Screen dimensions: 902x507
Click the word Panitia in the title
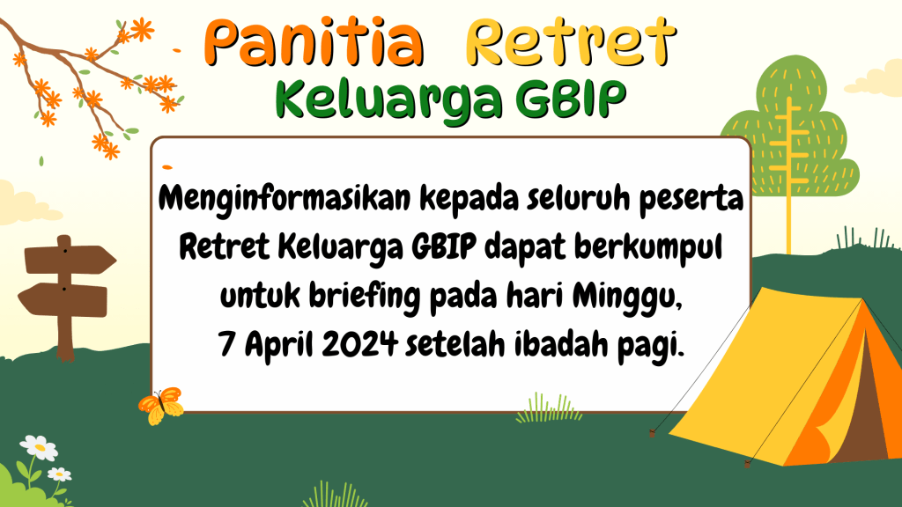click(314, 42)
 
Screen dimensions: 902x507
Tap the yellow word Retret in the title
click(570, 41)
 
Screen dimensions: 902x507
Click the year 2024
click(359, 345)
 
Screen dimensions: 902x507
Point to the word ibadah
click(561, 345)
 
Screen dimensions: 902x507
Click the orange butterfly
click(161, 405)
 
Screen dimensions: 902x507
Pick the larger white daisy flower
click(39, 447)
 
